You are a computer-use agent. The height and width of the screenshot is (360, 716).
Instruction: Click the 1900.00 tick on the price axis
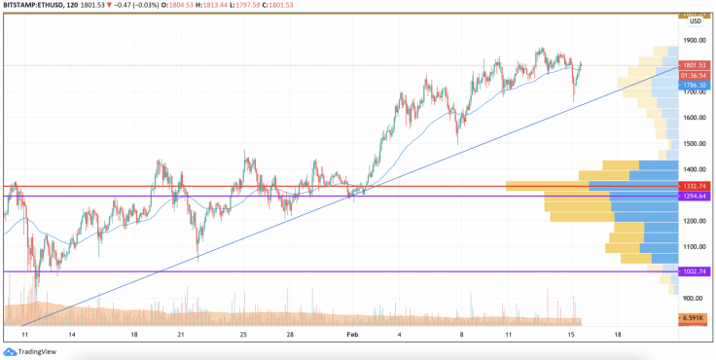694,41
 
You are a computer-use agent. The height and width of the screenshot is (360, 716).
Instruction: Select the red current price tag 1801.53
694,65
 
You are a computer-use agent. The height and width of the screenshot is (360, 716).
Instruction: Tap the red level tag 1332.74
694,186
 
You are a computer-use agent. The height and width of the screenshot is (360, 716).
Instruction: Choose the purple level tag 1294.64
694,197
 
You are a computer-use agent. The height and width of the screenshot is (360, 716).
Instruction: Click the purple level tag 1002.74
694,271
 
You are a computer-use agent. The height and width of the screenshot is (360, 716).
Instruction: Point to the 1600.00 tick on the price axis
694,118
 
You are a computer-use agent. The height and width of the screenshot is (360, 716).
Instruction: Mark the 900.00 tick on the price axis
694,298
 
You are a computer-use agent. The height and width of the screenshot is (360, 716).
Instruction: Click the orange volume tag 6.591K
694,318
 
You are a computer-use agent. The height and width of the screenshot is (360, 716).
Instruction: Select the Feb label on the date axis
353,334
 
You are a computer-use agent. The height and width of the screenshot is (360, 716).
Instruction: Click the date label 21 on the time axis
181,334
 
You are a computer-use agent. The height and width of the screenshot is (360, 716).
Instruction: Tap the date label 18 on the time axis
617,334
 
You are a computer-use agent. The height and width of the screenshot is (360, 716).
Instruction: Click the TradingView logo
28,351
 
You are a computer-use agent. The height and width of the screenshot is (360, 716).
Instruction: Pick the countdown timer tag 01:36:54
694,75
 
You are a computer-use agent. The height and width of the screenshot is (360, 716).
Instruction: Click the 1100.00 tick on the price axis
694,246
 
